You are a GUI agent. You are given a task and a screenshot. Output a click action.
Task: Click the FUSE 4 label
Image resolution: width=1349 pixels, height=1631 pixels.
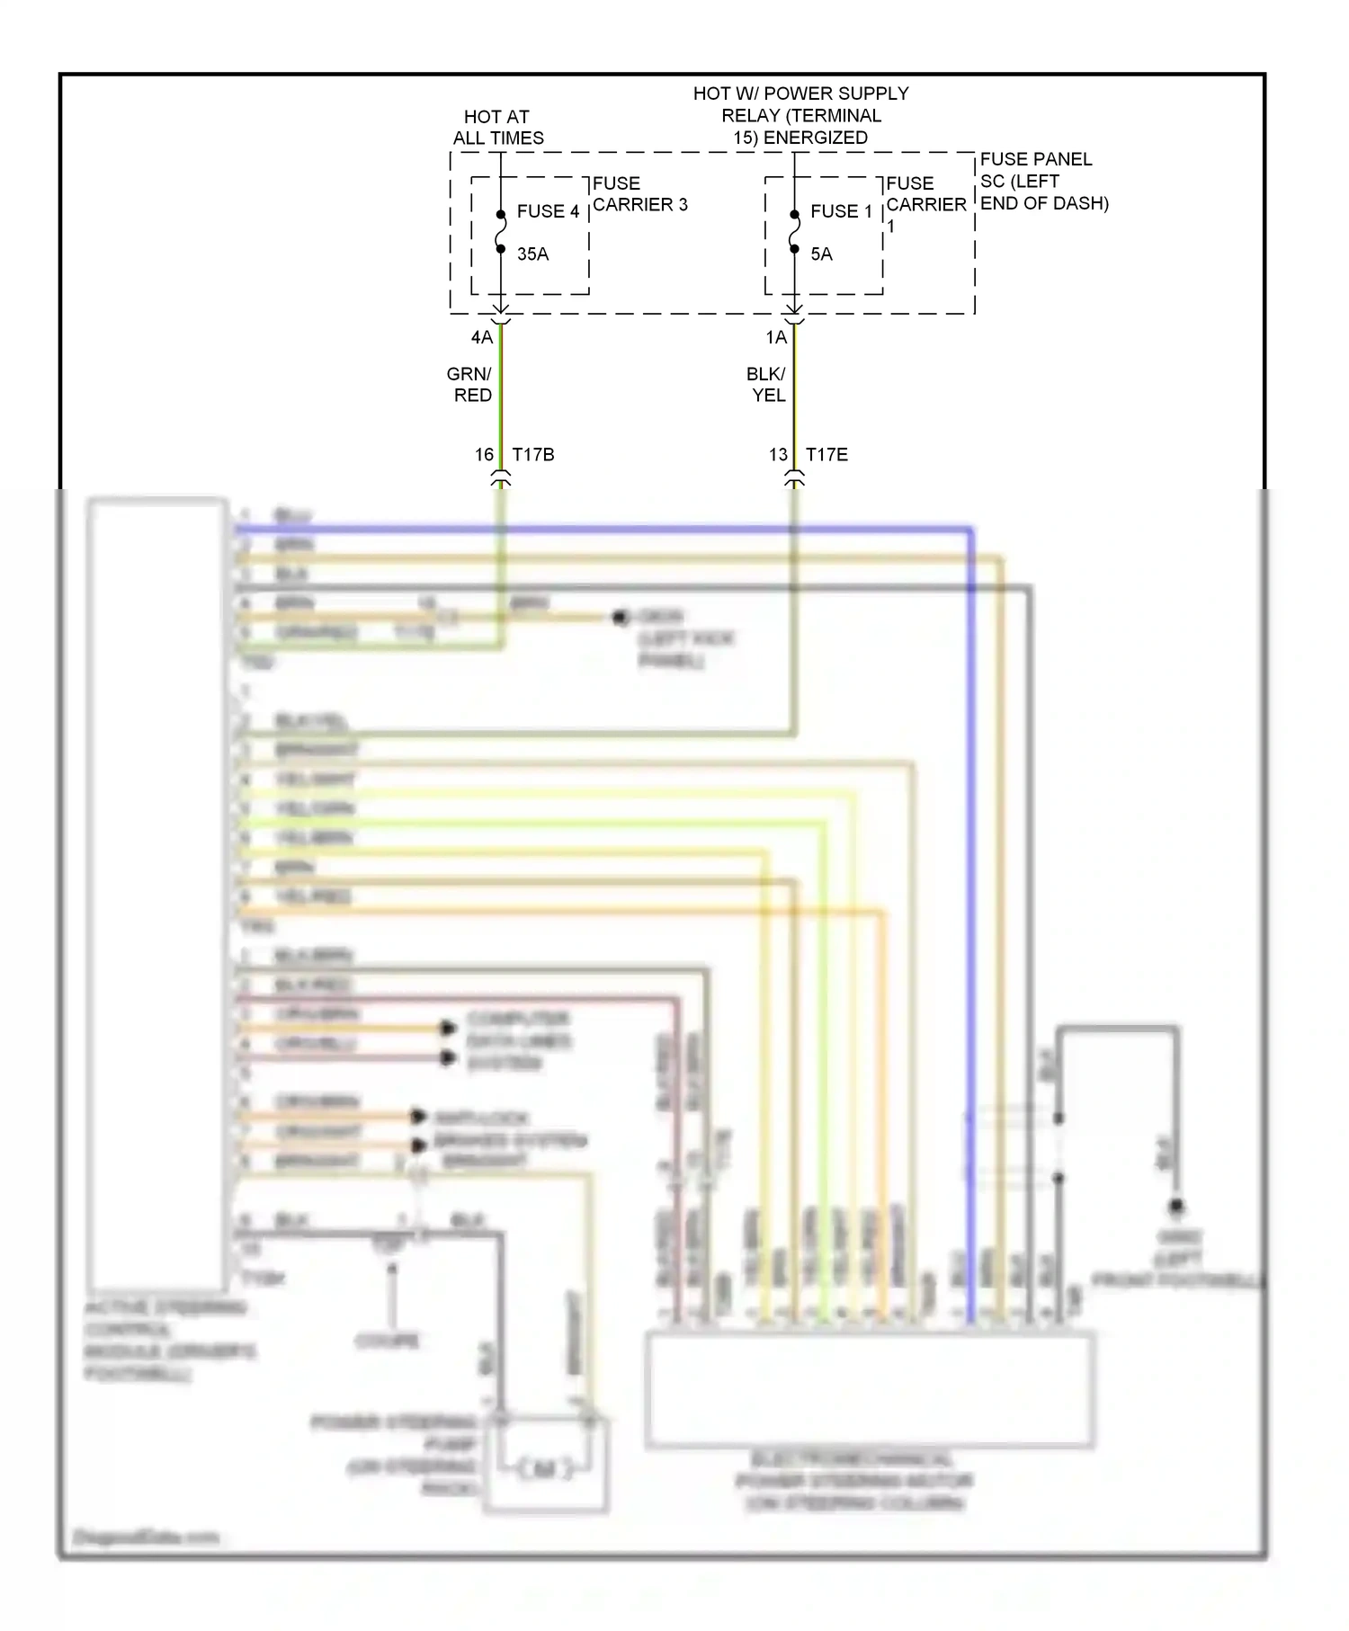point(547,211)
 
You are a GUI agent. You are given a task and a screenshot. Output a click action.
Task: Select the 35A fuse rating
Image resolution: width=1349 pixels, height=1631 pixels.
point(532,254)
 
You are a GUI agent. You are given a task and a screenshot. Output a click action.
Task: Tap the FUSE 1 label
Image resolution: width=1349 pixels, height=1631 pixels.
point(841,211)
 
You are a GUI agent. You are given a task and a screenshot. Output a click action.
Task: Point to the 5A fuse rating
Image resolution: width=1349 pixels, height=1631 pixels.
point(821,254)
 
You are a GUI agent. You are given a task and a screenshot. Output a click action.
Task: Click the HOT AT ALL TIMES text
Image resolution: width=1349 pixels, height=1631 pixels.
point(498,128)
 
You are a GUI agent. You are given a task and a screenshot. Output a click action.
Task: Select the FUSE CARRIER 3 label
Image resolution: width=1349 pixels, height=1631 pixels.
point(639,194)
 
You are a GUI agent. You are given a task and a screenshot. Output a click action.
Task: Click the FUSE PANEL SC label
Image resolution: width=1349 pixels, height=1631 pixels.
point(1043,181)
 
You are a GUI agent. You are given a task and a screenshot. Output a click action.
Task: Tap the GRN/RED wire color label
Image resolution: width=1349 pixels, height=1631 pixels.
point(470,385)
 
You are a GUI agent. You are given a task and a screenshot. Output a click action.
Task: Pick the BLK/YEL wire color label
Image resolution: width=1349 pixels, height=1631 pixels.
point(766,385)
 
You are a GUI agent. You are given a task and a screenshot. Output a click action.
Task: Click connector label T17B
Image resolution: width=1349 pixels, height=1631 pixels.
point(533,455)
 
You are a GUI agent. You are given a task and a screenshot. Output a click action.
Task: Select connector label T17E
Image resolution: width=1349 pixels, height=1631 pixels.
point(826,455)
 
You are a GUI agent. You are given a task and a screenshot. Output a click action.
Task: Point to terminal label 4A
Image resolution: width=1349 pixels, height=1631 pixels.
point(482,337)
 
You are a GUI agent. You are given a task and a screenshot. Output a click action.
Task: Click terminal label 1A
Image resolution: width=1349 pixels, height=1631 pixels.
point(776,337)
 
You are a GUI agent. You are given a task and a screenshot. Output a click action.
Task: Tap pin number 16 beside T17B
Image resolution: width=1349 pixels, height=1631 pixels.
point(484,455)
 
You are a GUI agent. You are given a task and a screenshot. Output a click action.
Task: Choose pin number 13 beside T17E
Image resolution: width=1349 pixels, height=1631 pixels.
point(778,455)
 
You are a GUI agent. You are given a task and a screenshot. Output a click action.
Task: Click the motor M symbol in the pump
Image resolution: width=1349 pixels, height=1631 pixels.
point(545,1469)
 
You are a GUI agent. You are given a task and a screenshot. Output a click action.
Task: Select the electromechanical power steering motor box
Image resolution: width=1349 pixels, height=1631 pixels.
point(870,1390)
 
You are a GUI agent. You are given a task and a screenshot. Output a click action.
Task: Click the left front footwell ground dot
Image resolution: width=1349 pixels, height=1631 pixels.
point(1175,1207)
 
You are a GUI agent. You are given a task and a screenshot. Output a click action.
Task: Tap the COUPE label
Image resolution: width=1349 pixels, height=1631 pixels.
point(388,1341)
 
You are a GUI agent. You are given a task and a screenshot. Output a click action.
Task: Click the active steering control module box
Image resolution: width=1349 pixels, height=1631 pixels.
point(156,895)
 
